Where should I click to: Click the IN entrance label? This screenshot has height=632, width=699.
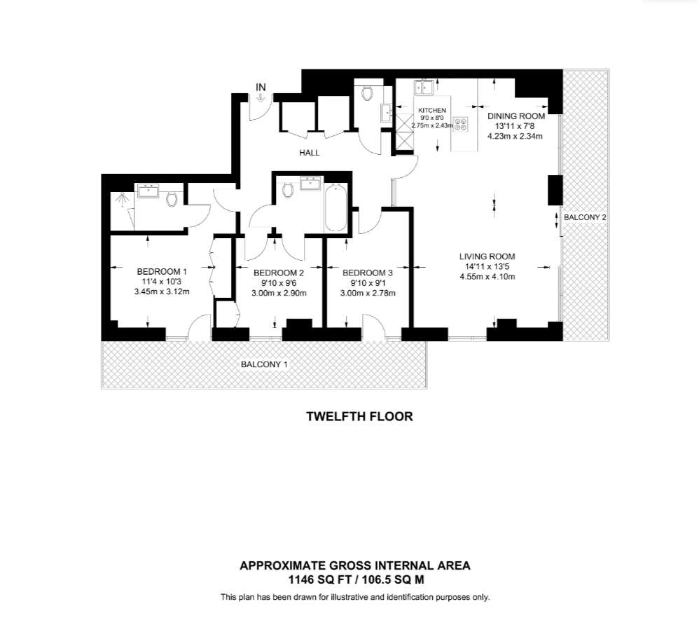pyautogui.click(x=261, y=87)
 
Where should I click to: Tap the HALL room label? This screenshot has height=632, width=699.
pyautogui.click(x=309, y=151)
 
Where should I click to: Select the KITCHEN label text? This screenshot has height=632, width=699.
pyautogui.click(x=431, y=111)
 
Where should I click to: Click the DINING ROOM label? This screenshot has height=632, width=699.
pyautogui.click(x=516, y=116)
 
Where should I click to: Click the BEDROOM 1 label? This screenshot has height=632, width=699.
pyautogui.click(x=162, y=272)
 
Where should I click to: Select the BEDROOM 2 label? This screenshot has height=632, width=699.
pyautogui.click(x=279, y=273)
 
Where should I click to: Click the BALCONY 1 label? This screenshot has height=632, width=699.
pyautogui.click(x=264, y=364)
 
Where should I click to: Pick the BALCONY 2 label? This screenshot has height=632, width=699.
pyautogui.click(x=585, y=217)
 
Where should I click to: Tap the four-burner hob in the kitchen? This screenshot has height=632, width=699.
pyautogui.click(x=461, y=124)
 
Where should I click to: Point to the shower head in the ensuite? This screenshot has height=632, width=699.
pyautogui.click(x=123, y=200)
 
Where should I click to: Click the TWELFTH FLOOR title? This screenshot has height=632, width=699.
pyautogui.click(x=359, y=416)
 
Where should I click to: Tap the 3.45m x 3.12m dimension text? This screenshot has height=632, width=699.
pyautogui.click(x=162, y=292)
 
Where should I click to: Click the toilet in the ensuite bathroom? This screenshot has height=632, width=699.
pyautogui.click(x=172, y=200)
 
